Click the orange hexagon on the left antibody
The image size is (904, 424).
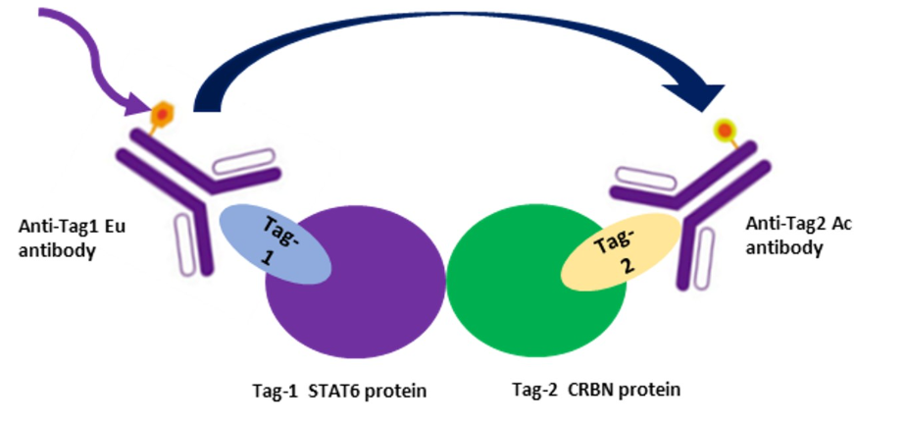[160, 116]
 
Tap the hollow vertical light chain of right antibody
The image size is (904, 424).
[700, 256]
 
